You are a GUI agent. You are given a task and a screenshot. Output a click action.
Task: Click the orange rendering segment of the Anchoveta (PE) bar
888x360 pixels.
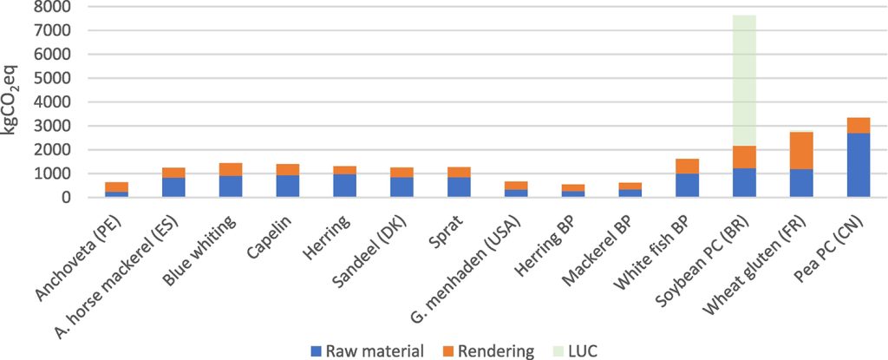[117, 187]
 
